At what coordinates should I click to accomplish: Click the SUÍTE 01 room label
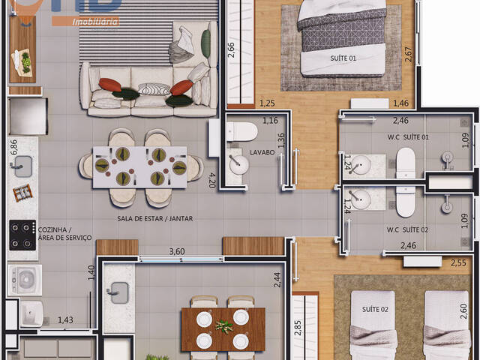pos(343,58)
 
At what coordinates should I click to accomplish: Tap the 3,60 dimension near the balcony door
pos(177,252)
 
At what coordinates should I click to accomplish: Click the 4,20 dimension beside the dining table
pos(212,180)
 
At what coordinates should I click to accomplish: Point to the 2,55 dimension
pos(459,262)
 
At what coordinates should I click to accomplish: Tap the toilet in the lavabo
pos(241,133)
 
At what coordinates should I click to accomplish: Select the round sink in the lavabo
pos(238,166)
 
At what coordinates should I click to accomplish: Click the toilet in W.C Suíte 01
pos(406,163)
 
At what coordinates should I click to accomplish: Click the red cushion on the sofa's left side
pos(109,84)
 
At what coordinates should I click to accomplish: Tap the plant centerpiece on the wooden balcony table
pos(223,327)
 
